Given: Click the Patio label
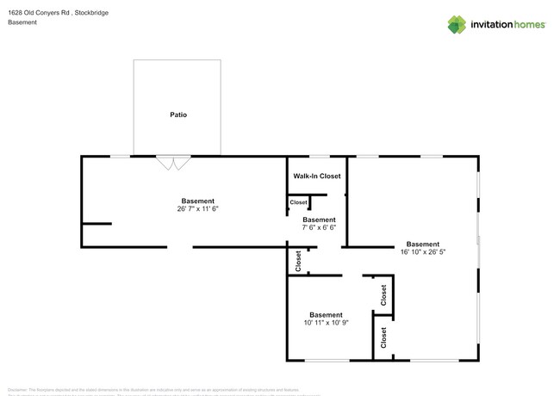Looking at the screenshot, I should coord(177,114).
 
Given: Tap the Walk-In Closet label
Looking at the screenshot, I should coord(317,176).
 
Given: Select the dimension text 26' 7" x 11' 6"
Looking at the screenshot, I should coord(197,209).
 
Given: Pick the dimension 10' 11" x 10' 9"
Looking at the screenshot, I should coord(326,324).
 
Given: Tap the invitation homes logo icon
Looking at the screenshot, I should coord(457,24).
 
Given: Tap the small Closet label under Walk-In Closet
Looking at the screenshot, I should coord(298,202).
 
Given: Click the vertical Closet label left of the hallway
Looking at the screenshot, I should coord(298,261).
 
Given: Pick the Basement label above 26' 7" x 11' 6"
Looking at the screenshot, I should coord(197,201).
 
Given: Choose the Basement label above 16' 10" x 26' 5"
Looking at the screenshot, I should coord(423,244).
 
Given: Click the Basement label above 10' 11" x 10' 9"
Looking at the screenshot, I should coord(326,315).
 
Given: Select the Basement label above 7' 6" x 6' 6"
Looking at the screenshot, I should coord(318,220).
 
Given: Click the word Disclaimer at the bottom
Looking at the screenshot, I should coord(18,389).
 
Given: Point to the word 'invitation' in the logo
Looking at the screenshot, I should coord(492,25).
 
